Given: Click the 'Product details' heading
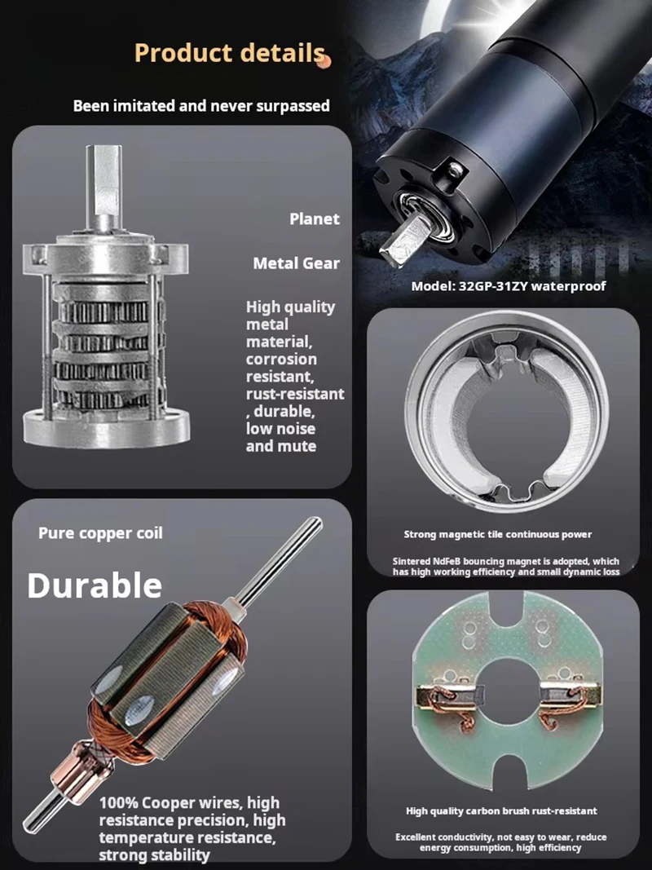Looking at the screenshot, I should (x=229, y=53).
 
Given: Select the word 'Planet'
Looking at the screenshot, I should (x=314, y=219).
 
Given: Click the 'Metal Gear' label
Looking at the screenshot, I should (x=296, y=263).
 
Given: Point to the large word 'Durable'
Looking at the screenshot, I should (x=95, y=585).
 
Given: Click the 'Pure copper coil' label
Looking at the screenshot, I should (x=100, y=533).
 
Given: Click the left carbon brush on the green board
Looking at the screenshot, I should (x=450, y=696).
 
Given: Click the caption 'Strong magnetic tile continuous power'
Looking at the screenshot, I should (x=497, y=535).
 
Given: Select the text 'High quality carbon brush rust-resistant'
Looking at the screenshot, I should (x=501, y=811).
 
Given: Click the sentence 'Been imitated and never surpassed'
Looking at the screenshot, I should (x=201, y=105).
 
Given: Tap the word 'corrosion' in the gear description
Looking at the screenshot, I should (x=281, y=359).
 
